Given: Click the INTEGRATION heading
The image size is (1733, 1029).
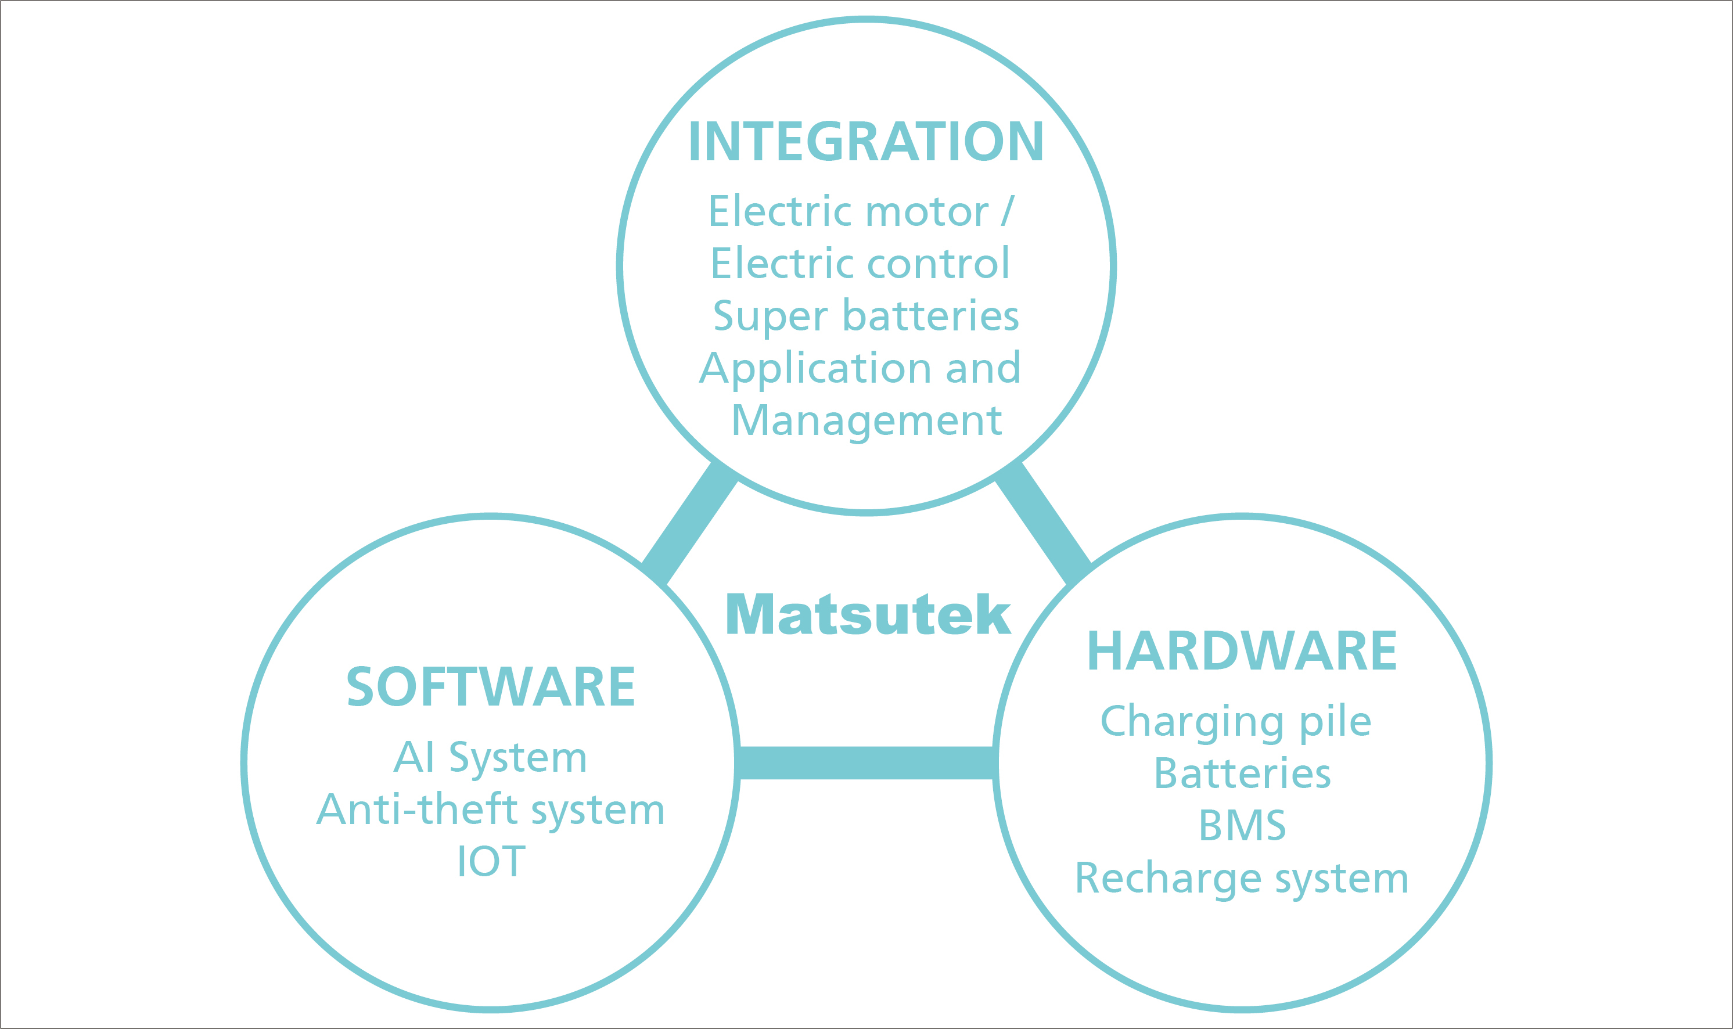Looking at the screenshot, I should (x=865, y=142).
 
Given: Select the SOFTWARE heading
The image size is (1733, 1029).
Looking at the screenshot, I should (x=490, y=687).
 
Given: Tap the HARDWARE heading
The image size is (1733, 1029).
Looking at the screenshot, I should (x=1241, y=651).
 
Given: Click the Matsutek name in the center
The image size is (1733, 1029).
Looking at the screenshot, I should (x=868, y=614).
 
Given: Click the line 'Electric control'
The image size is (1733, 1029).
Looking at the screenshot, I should (x=860, y=264).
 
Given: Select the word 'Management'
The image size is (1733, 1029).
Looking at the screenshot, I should (x=866, y=421).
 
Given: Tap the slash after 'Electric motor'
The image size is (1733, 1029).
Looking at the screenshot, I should (x=1007, y=211).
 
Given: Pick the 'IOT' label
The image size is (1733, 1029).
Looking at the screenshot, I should (x=491, y=861).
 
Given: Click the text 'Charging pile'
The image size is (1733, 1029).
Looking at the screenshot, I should (x=1236, y=722).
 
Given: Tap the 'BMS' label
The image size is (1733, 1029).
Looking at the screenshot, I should (x=1242, y=825).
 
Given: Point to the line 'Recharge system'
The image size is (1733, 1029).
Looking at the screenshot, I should (x=1241, y=879).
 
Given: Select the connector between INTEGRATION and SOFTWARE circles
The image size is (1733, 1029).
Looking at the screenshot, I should (x=689, y=524).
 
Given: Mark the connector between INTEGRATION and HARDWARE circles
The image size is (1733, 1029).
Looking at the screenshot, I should (x=1043, y=524).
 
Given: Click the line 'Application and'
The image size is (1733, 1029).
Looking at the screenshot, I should (x=860, y=368).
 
